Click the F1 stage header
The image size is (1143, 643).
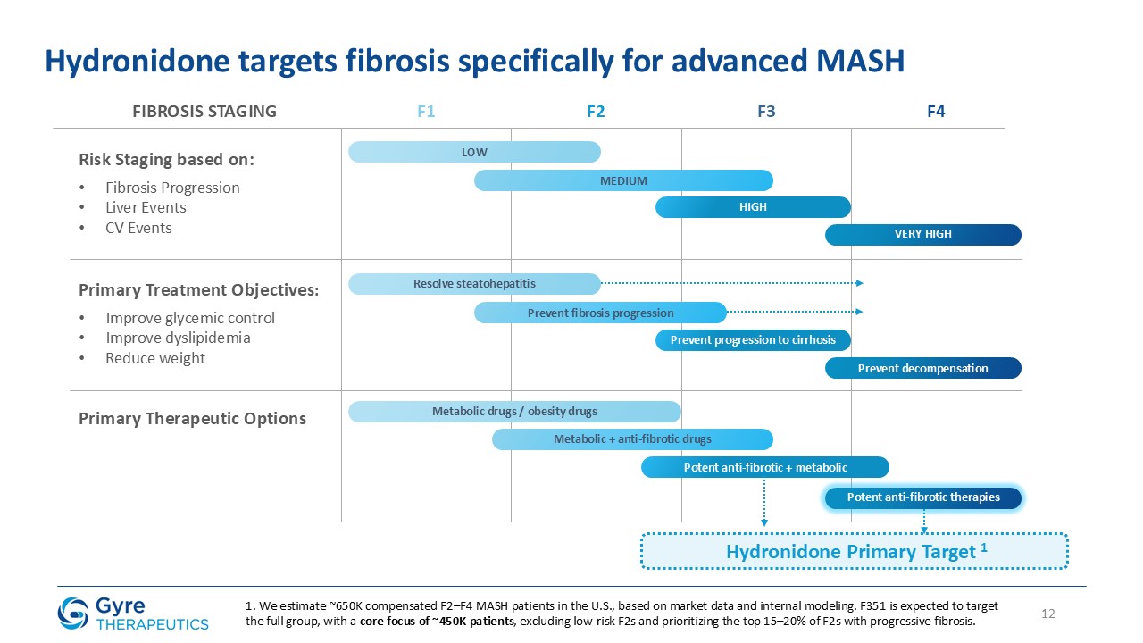[x=426, y=112]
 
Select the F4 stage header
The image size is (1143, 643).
[x=936, y=112]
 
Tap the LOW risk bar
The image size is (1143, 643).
[x=474, y=152]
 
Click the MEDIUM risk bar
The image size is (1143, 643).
[x=623, y=180]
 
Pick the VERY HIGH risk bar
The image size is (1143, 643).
[x=922, y=234]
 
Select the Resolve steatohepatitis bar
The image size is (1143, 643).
[x=474, y=284]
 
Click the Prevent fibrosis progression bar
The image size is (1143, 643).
[x=600, y=313]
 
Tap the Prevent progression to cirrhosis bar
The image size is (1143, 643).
[x=753, y=340]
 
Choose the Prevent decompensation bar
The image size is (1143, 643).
[x=922, y=368]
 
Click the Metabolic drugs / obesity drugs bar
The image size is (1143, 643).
[x=514, y=412]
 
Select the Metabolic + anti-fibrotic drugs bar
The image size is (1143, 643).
[x=632, y=439]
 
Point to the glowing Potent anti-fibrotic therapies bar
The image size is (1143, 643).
[x=922, y=497]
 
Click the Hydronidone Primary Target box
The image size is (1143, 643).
[x=855, y=552]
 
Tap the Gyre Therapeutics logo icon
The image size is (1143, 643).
[x=73, y=613]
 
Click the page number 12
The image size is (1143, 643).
[x=1048, y=614]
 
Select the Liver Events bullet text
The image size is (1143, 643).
[x=146, y=208]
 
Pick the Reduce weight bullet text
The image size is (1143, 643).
[x=154, y=358]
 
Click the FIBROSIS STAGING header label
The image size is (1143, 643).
[x=204, y=112]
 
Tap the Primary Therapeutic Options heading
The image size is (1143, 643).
[x=192, y=418]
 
